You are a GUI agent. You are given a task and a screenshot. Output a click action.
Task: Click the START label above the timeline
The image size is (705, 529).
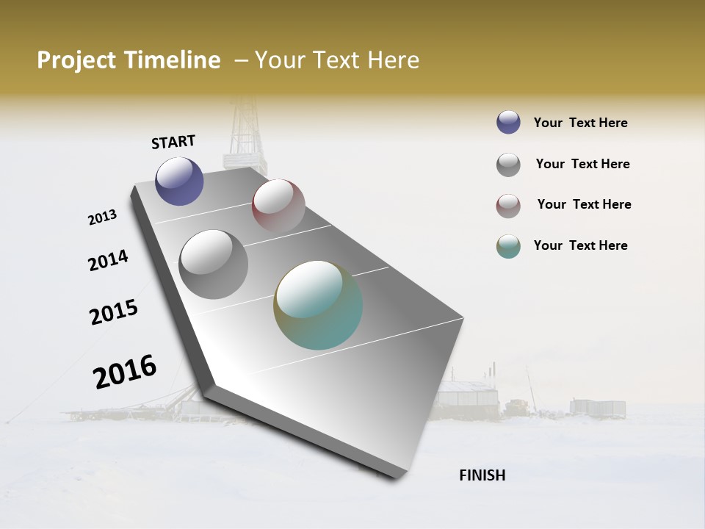coord(173,142)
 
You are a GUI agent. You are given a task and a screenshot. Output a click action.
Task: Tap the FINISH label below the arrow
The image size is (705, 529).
coord(482,475)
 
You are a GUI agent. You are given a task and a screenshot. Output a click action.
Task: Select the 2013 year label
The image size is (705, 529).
coord(103,217)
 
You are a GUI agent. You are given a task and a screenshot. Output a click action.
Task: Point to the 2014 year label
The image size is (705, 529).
coord(108,260)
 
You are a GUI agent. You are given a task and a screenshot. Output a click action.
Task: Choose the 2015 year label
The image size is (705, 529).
coord(114,312)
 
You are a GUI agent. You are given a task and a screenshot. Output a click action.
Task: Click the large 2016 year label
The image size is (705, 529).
coord(125,372)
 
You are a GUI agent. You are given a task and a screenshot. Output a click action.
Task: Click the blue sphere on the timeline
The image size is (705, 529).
coord(179,181)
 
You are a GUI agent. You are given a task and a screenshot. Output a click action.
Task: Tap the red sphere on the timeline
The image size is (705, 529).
coord(278,206)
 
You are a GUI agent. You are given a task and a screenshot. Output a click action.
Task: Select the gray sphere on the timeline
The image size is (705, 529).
coord(214,264)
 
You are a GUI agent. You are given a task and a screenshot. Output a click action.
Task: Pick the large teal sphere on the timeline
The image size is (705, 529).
coord(318,305)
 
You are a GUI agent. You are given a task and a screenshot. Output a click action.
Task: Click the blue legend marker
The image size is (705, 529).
coord(508,123)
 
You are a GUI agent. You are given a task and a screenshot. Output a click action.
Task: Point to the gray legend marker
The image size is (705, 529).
coord(508,165)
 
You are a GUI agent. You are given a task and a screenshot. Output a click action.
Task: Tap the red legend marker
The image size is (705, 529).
coord(508,206)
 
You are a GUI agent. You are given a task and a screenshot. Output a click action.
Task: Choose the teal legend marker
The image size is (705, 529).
coord(508,246)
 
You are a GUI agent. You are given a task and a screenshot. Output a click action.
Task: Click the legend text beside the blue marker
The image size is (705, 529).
coord(580,123)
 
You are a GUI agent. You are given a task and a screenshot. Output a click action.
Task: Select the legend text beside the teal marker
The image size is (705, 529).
coord(580,245)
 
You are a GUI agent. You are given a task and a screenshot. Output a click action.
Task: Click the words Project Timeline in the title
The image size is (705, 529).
coord(129,60)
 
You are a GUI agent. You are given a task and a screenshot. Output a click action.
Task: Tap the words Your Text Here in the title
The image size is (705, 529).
coord(337,60)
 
